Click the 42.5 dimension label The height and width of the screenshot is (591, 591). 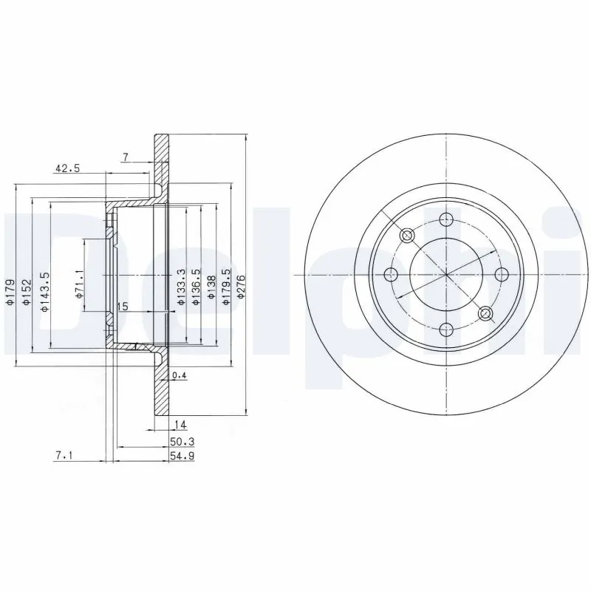(x=66, y=168)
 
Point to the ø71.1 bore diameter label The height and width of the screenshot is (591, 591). (x=79, y=284)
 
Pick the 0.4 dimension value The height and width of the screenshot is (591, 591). (x=178, y=376)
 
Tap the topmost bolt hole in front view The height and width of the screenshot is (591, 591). (x=446, y=219)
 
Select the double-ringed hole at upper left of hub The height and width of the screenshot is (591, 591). (x=407, y=236)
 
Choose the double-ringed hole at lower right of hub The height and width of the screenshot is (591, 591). (x=485, y=314)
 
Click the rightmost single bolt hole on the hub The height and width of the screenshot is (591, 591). (x=502, y=275)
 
